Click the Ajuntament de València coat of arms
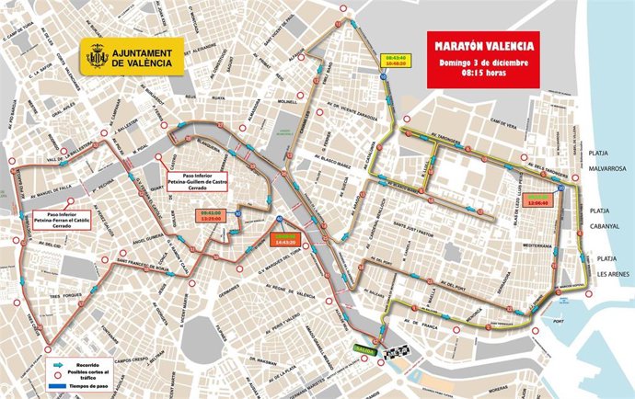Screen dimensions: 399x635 pos(97,57)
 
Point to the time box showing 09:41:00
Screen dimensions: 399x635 pos(211,215)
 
